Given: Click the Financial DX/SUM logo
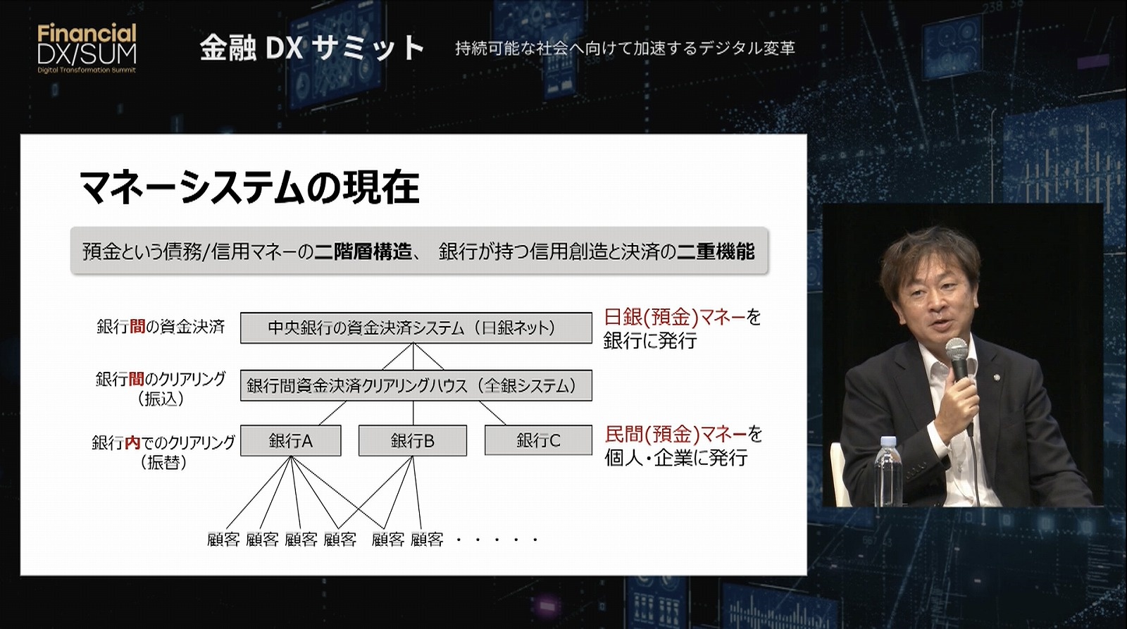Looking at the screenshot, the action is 87,49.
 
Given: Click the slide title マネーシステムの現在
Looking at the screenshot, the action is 249,187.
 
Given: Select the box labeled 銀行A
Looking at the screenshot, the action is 291,441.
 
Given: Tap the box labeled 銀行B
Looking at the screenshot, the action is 413,441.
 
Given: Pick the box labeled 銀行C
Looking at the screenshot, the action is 538,440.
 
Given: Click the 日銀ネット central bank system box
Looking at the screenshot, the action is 416,328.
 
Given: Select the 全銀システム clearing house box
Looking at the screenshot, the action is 416,385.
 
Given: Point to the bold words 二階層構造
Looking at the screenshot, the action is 363,251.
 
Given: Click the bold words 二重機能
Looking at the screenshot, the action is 716,251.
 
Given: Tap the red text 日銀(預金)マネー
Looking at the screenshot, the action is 675,317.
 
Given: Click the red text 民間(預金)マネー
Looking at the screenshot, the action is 675,434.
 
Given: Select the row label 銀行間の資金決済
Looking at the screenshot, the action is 161,327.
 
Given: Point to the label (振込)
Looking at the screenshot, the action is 161,399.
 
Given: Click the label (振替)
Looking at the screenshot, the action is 163,462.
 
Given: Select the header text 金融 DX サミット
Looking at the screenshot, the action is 312,49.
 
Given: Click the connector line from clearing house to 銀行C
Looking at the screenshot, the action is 492,413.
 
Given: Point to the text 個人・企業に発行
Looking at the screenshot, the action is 675,458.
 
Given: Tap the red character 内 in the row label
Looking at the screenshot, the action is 133,443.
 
